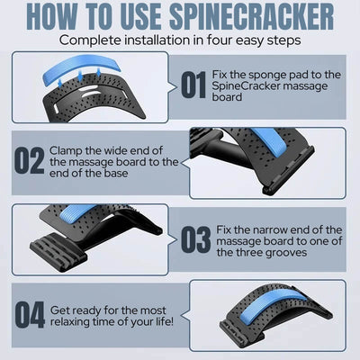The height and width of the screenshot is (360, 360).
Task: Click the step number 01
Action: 193,85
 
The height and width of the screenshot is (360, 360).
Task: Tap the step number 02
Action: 29,161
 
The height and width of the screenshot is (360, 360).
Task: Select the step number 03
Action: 195,239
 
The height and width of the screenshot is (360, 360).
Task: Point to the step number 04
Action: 30,315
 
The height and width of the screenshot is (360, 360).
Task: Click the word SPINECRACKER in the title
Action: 252,16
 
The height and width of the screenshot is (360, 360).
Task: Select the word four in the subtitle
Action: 219,40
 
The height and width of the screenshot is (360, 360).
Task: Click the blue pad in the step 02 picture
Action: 269,140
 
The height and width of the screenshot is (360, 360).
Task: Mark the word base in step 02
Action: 115,174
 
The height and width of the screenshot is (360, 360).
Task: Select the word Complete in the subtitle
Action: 89,40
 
